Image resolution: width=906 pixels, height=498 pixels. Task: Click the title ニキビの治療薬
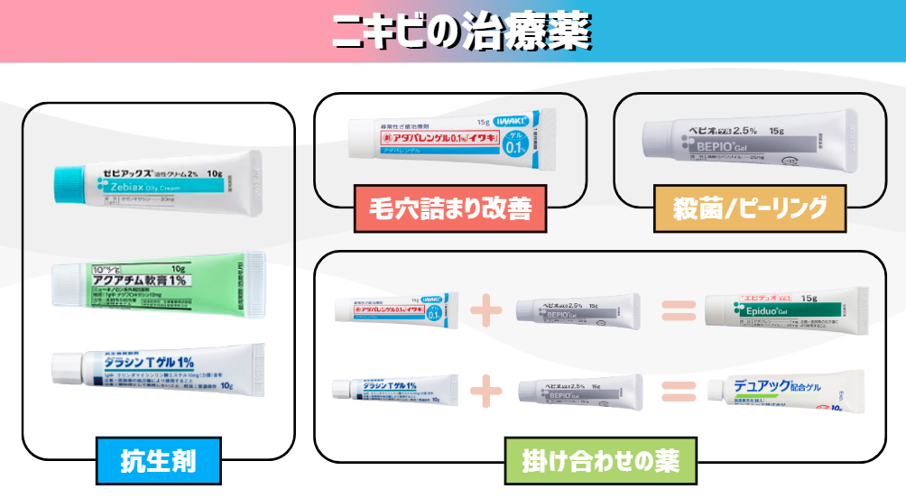pos(460,32)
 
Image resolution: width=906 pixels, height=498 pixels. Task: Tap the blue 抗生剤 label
pos(158,461)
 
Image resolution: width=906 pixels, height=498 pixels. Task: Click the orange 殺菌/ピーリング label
pos(751,209)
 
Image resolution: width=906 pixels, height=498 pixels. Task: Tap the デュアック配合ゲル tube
pos(785,391)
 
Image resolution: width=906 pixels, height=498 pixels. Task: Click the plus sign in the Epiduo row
pos(485,310)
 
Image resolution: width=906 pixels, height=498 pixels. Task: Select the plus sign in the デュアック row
pos(485,390)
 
